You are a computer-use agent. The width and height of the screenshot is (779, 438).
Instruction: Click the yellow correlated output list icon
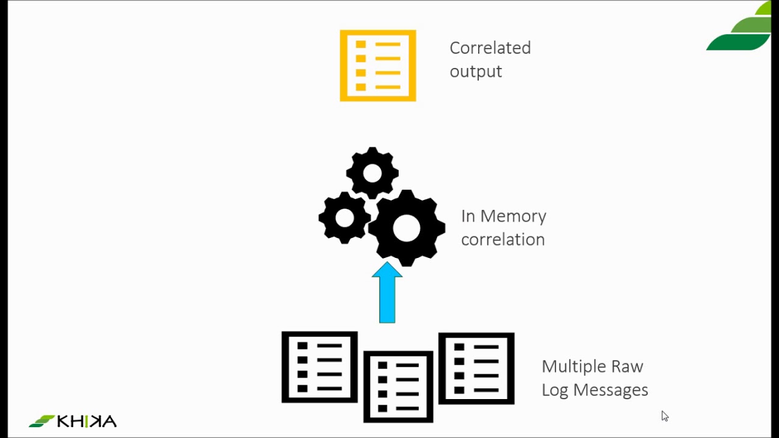coord(378,66)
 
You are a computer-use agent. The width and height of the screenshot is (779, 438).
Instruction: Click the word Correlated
coord(491,48)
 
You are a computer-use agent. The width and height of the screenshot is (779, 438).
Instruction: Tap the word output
coord(476,72)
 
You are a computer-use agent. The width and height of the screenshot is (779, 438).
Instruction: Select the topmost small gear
coord(372,173)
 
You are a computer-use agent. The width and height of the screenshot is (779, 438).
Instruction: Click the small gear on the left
coord(344,218)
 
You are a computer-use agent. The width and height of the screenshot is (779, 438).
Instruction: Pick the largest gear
coord(407,228)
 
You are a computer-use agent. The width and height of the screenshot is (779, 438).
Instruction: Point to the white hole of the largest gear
coord(407,228)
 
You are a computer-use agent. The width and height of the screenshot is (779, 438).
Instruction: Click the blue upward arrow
coord(387,293)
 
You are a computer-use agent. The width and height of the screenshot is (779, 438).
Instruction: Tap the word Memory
coord(513,216)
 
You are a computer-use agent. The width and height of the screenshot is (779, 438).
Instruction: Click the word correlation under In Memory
coord(503,240)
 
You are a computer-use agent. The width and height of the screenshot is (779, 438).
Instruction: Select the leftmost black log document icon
coord(320,367)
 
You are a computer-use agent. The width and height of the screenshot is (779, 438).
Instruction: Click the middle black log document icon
coord(398,386)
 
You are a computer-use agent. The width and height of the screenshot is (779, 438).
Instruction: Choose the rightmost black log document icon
coord(477,369)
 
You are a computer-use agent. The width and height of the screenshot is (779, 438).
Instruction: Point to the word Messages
coord(610,391)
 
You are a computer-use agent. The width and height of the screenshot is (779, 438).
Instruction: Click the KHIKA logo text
coord(86,421)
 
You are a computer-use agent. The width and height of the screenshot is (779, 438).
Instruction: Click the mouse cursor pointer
coord(665,416)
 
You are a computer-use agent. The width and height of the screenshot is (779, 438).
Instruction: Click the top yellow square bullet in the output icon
coord(361,44)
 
